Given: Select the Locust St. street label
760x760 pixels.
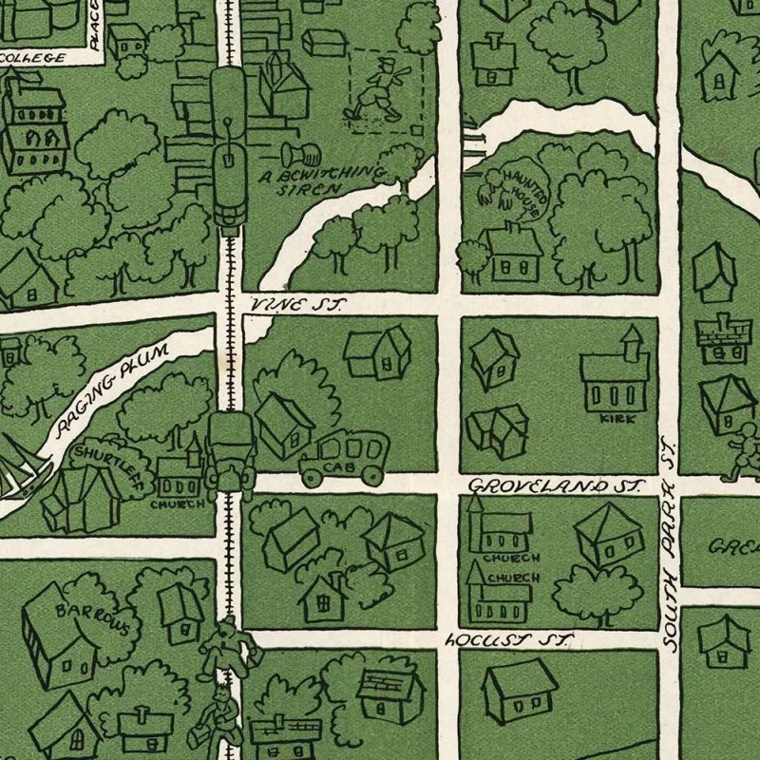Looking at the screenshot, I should [x=508, y=640].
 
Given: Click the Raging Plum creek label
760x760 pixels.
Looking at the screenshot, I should [x=112, y=389].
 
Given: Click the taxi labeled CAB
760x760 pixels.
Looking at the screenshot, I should [x=343, y=459].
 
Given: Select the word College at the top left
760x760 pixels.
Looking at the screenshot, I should [x=33, y=57].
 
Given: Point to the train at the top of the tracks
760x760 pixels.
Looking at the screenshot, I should [x=228, y=142].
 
